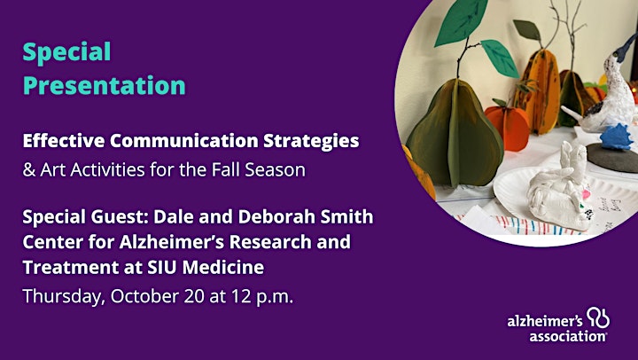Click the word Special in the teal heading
tap(66, 52)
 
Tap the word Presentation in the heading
tap(105, 85)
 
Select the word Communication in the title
tap(184, 140)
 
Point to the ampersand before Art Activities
tap(29, 170)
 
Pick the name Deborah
tap(276, 216)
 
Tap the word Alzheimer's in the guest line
tap(172, 241)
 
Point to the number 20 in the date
tap(194, 296)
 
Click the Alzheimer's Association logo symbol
tap(598, 317)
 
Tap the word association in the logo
tap(568, 337)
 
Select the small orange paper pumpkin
tap(507, 125)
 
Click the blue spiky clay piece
tap(617, 137)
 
